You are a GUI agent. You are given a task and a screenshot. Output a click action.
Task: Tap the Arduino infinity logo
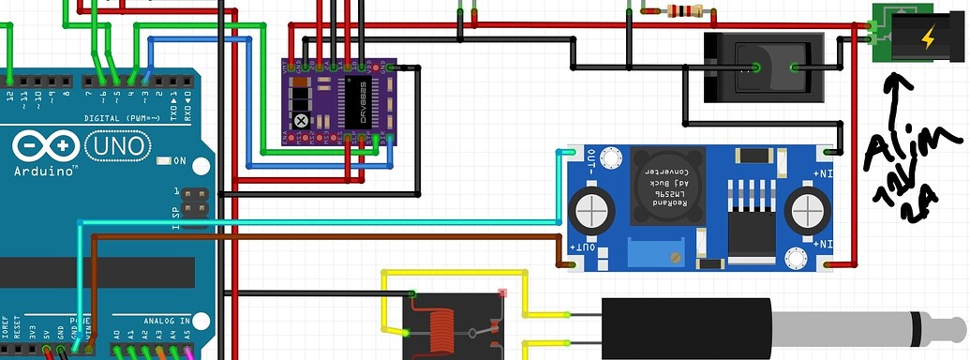click(x=45, y=146)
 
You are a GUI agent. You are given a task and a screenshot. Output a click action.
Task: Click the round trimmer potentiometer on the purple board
click(x=301, y=120)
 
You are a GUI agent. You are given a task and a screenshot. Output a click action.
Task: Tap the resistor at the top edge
click(x=683, y=11)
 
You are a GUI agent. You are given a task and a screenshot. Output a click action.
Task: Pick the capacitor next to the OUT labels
click(x=594, y=207)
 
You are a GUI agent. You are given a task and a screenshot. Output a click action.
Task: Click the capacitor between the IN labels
click(x=807, y=209)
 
